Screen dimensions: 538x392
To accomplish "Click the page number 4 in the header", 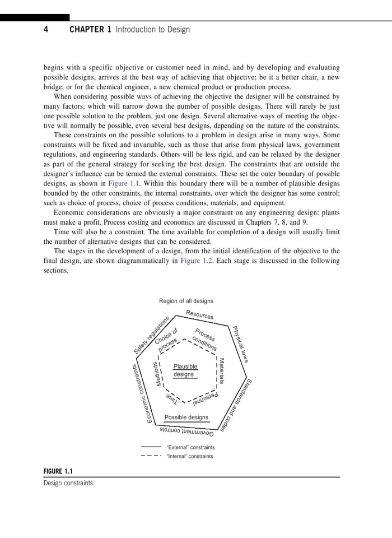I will [46, 30].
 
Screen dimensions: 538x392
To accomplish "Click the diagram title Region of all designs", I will [186, 302].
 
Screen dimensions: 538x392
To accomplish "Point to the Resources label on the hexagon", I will [200, 315].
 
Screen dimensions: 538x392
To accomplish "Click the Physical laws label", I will [240, 344].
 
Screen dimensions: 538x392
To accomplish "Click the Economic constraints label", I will [150, 394].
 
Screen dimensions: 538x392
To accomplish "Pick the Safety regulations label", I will [152, 335].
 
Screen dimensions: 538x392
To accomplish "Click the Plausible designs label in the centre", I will [185, 370].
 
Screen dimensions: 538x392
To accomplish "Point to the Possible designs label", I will [186, 418].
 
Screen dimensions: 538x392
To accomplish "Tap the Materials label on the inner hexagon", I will [222, 371].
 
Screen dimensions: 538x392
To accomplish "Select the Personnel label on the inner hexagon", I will [204, 401].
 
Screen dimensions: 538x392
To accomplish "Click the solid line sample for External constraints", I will [151, 447].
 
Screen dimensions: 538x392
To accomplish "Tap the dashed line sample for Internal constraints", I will [151, 456].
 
